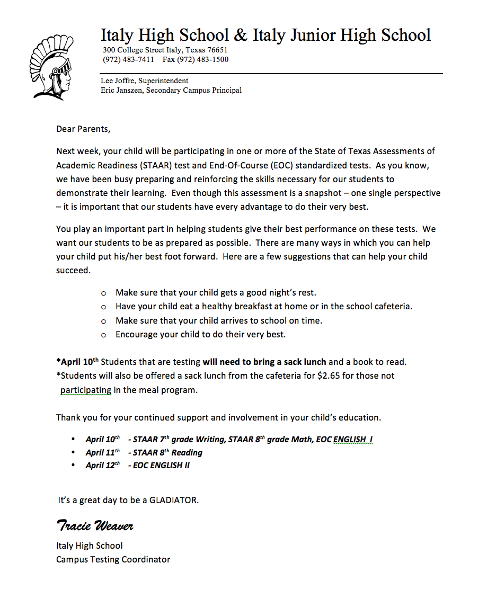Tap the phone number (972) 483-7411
click(128, 59)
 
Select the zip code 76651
click(217, 50)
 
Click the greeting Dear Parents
click(83, 129)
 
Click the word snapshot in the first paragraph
click(321, 193)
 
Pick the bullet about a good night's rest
click(216, 292)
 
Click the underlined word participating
click(86, 390)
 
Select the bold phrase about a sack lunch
click(264, 362)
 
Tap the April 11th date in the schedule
click(103, 452)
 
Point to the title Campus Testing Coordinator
click(113, 559)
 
